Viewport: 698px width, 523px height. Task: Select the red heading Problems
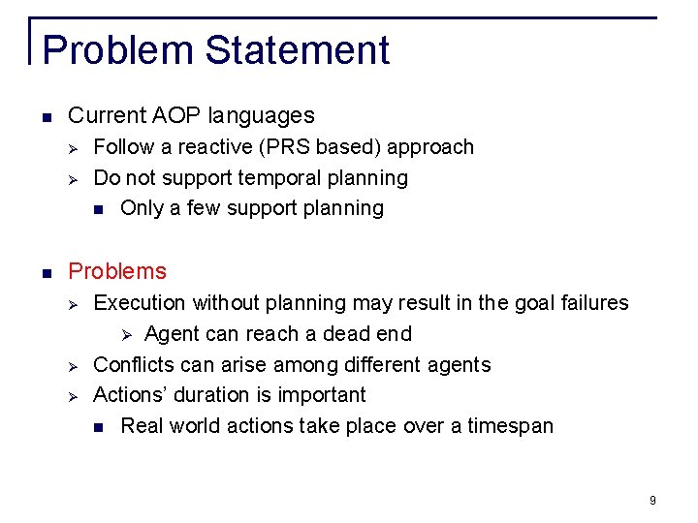coord(117,271)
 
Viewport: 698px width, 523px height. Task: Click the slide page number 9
coord(652,500)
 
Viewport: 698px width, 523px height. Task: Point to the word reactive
coord(203,147)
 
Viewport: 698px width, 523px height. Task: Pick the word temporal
coord(278,178)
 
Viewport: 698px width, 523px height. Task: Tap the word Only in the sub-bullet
coord(142,208)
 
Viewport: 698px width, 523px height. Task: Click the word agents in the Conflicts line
coord(460,365)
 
